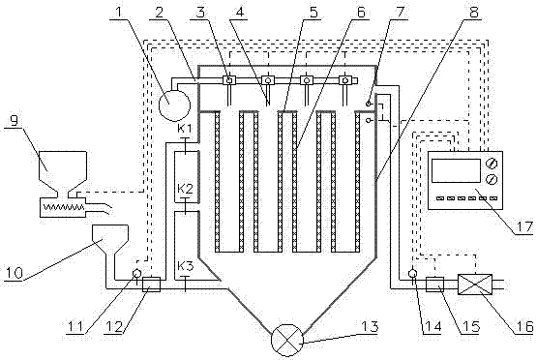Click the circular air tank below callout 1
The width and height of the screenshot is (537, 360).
[x=174, y=105]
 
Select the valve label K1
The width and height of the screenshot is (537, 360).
[x=185, y=129]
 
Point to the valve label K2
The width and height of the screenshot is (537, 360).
[x=185, y=189]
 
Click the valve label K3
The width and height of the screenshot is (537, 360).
[x=185, y=265]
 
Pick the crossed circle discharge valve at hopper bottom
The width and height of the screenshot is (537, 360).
[x=287, y=340]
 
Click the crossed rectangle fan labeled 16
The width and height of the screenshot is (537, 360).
[x=475, y=284]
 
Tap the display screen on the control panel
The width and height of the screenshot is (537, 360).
[x=456, y=170]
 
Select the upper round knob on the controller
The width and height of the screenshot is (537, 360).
[x=492, y=164]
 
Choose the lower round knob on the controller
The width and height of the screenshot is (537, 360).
[x=492, y=179]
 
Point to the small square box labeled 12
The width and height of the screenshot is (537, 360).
[x=151, y=285]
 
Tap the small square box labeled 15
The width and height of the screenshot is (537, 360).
[x=434, y=285]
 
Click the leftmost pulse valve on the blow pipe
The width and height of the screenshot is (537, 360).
[x=229, y=80]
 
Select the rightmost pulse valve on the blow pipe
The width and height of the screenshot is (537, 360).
[x=344, y=80]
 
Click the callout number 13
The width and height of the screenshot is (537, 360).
[x=369, y=326]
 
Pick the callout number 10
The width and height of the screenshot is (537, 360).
[x=13, y=273]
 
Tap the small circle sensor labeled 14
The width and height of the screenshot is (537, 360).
[x=412, y=273]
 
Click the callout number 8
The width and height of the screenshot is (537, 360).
[x=473, y=12]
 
